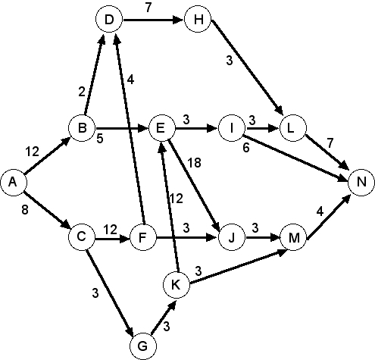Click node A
coord(13,183)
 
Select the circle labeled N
coord(361,182)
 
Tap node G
coord(143,346)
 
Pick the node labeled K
coord(176,285)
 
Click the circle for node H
coord(198,20)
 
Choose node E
coord(161,128)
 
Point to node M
coord(293,238)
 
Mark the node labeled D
coord(109,20)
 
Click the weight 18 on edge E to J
coord(194,163)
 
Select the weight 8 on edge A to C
coord(25,210)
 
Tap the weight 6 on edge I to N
coord(246,148)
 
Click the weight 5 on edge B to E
coord(100,139)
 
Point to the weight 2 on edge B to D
coord(82,92)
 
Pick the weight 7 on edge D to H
coord(148,8)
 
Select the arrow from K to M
coord(237,267)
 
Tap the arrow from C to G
coord(110,293)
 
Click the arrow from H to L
coord(248,68)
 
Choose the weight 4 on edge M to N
coord(320,211)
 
